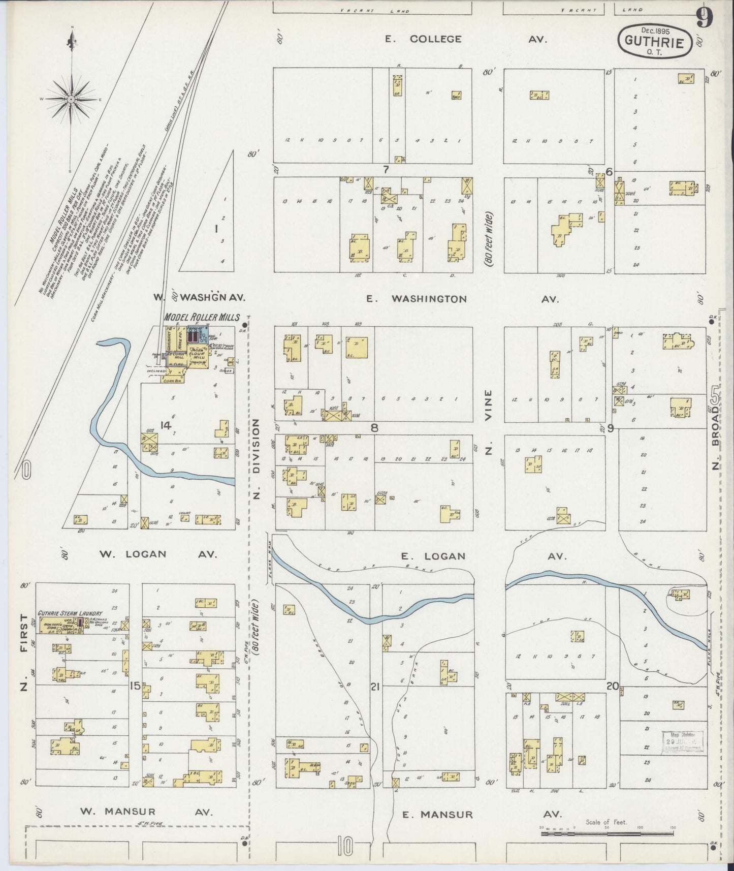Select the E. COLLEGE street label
coord(423,39)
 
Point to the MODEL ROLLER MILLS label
coord(202,317)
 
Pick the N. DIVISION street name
coord(257,459)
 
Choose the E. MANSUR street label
coord(437,814)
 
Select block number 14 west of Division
coord(165,425)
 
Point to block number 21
coord(375,687)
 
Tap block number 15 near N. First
coord(134,686)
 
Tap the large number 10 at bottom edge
coord(344,847)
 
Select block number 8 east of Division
coord(374,427)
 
